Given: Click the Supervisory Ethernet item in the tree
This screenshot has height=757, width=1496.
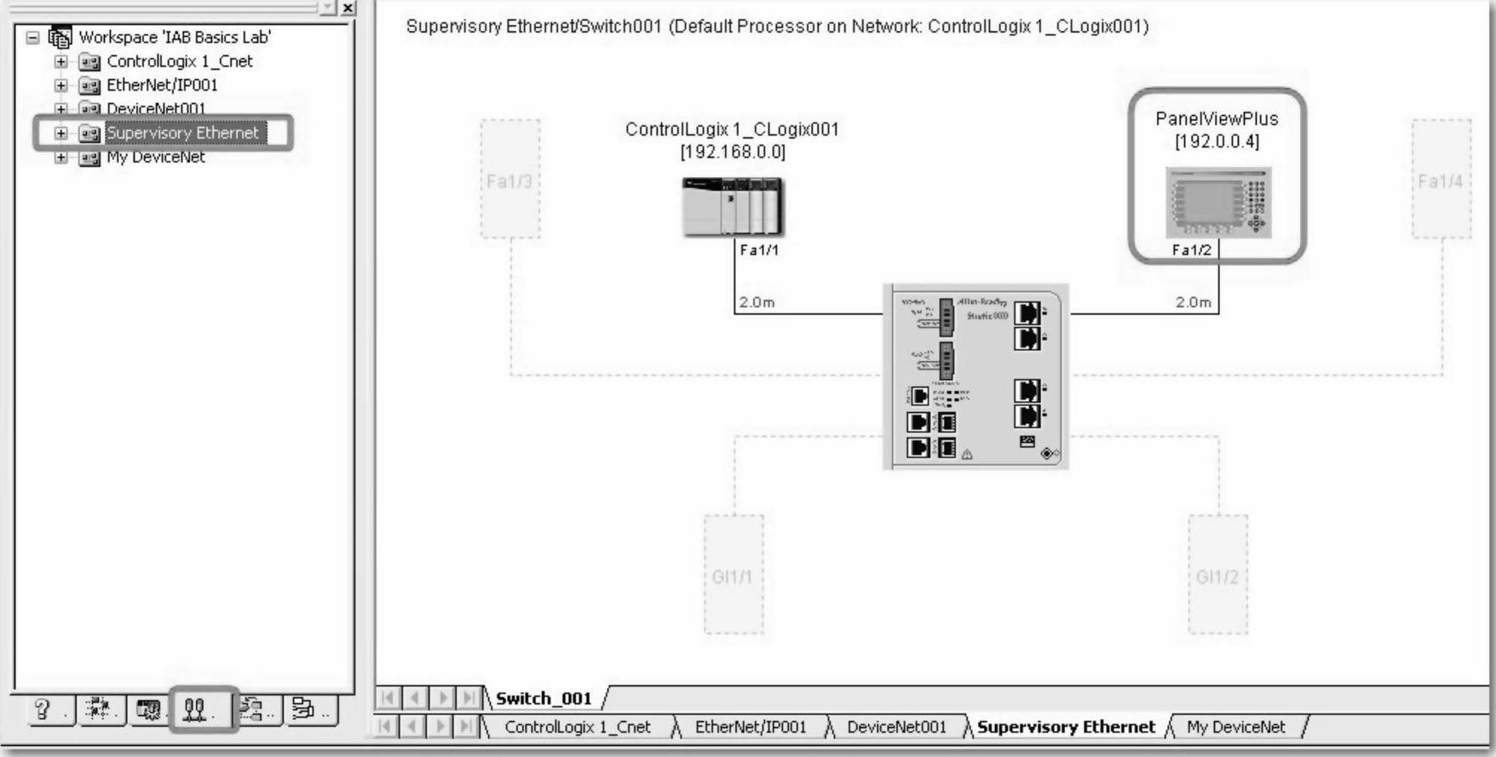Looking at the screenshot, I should pos(182,133).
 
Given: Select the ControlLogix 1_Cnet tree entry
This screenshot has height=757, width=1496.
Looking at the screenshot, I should pos(179,61).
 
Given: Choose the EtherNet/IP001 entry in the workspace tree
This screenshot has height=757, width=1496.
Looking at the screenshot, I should pos(162,85).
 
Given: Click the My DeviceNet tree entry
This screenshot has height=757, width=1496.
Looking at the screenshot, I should pos(155,158).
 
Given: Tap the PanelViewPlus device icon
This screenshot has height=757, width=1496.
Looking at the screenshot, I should pos(1217,203).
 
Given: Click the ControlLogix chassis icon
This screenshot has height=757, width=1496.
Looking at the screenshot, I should pos(733,206).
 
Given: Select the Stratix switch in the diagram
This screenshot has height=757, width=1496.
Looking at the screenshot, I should pos(976,377).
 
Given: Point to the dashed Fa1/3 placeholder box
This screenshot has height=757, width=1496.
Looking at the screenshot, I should pos(510,180).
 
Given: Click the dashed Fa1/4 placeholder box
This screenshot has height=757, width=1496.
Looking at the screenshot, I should pos(1441,180).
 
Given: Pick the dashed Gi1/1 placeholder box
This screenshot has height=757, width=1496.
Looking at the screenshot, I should pos(733,576).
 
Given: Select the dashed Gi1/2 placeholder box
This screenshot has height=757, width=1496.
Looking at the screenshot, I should pos(1217,576).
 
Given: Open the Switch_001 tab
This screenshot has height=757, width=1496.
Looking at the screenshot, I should pos(544,699).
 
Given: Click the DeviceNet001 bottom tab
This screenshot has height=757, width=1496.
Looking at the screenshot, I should pos(896,727).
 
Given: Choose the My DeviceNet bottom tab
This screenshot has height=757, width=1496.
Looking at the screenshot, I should pos(1235,727).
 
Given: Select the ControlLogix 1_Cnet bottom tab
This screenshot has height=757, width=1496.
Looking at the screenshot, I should pos(577,727).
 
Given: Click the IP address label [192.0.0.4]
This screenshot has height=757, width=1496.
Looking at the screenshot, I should pos(1217,141).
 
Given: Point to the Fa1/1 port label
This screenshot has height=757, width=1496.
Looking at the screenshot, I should pos(758,250).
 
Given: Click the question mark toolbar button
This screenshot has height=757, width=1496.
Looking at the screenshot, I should pos(43,709).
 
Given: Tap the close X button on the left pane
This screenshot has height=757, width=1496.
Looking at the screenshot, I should pos(348,8).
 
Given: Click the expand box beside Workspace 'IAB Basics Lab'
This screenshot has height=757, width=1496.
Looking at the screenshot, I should pos(33,37).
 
